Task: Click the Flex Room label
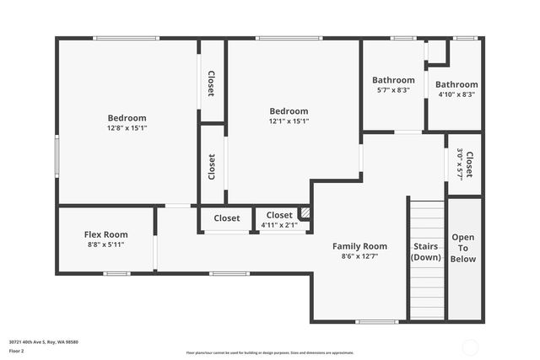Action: point(105,234)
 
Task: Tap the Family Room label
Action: point(359,246)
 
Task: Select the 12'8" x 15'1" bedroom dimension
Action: point(127,129)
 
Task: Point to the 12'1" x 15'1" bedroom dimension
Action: point(289,121)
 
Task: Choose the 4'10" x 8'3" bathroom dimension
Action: point(456,95)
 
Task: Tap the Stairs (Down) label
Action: point(426,252)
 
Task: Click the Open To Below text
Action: point(463,248)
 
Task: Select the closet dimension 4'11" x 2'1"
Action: point(279,225)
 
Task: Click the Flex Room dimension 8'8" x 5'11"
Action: point(105,245)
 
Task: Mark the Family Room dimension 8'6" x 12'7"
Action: point(359,256)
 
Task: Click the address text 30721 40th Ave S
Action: point(43,341)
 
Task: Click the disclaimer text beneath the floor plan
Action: point(270,352)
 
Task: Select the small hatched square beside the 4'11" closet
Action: point(305,214)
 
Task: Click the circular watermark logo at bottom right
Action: point(469,347)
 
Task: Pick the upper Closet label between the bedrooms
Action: point(211,82)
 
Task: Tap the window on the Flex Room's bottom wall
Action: point(116,273)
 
